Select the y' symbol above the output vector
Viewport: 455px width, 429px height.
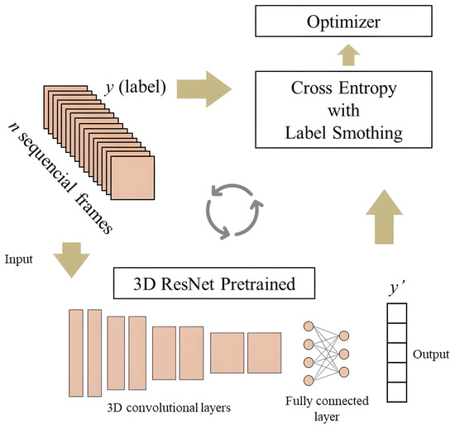pyautogui.click(x=398, y=288)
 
